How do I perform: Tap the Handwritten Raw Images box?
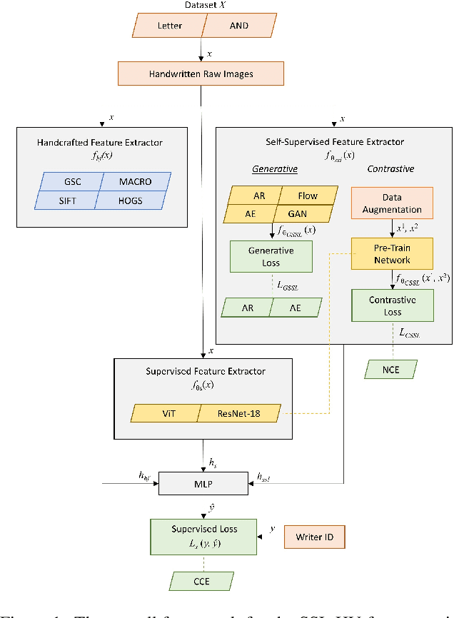(x=201, y=74)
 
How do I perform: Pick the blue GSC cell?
(x=71, y=182)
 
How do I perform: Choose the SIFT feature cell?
(x=69, y=201)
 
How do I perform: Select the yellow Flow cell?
(x=308, y=195)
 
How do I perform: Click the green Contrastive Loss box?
(x=391, y=305)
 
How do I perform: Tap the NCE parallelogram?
(x=390, y=369)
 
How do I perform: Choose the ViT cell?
(x=165, y=413)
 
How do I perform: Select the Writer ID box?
(x=315, y=537)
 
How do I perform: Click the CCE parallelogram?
(x=202, y=582)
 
